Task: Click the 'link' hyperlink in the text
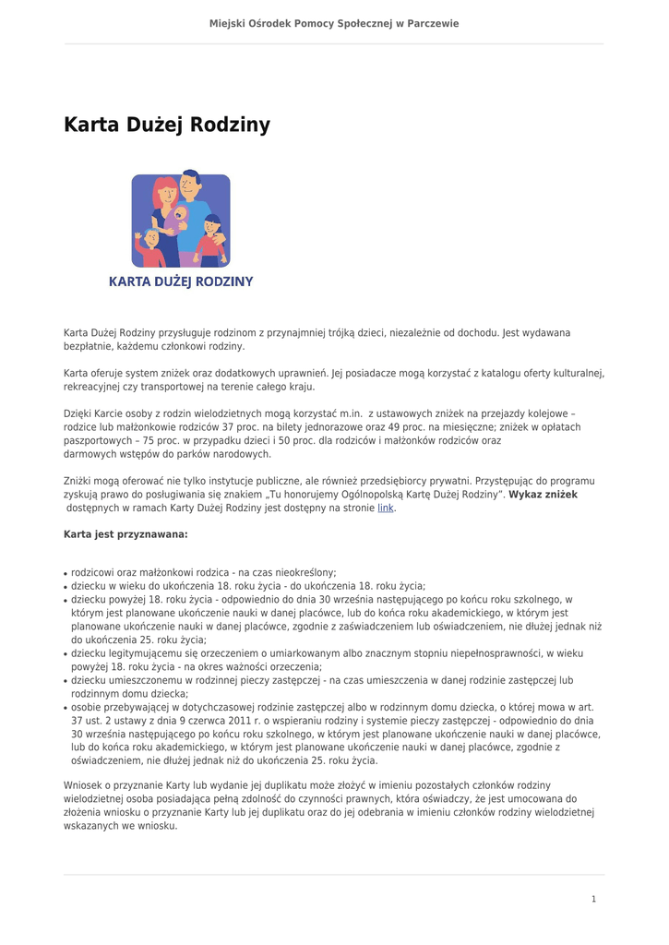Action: point(385,508)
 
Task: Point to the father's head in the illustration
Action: point(190,184)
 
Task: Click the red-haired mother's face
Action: point(165,197)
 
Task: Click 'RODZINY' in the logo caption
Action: point(222,281)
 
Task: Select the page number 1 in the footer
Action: point(593,899)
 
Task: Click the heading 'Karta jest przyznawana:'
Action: point(125,534)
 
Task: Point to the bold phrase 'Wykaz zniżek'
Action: point(544,495)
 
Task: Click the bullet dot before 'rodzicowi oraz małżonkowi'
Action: point(66,573)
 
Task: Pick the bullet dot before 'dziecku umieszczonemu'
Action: point(66,681)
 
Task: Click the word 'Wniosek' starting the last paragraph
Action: point(82,785)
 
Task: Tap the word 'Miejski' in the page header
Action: point(227,23)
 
